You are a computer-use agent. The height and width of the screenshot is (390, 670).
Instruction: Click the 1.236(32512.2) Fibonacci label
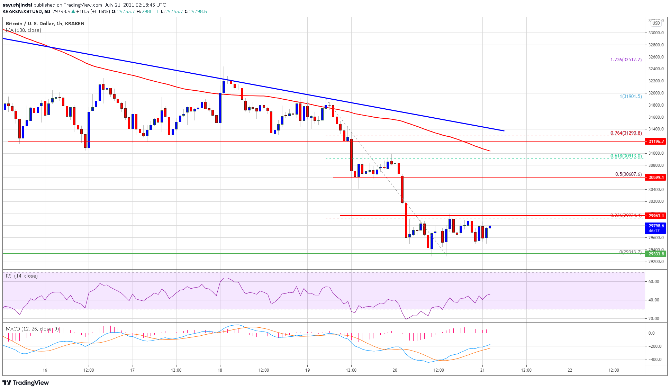[x=626, y=60]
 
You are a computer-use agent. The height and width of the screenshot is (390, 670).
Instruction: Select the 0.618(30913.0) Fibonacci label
[x=626, y=156]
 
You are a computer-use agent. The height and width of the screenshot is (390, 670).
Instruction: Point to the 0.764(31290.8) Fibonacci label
[x=626, y=133]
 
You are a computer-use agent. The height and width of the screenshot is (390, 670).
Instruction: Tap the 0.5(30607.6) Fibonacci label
[x=628, y=174]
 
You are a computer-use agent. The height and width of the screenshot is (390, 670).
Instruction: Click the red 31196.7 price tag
[x=656, y=142]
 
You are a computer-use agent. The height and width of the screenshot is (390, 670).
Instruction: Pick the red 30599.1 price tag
[x=656, y=178]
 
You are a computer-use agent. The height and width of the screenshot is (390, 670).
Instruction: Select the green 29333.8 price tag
[x=656, y=254]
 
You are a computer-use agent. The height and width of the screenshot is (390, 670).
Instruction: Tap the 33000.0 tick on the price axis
[x=656, y=33]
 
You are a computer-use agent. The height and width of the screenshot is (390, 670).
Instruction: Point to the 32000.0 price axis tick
[x=656, y=93]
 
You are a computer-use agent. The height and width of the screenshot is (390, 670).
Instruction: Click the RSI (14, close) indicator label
[x=21, y=276]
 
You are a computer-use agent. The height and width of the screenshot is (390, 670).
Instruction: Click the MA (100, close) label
[x=24, y=30]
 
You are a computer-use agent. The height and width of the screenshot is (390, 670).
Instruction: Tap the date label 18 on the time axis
[x=220, y=370]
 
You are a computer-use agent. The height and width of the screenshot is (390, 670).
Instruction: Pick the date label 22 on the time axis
[x=570, y=370]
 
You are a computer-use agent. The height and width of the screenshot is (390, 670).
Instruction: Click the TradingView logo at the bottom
[x=26, y=383]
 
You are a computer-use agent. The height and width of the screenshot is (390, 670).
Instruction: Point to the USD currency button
[x=656, y=23]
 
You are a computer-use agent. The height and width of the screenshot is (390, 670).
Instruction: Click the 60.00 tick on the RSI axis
[x=654, y=282]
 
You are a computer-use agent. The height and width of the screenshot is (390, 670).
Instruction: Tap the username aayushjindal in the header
[x=17, y=5]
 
